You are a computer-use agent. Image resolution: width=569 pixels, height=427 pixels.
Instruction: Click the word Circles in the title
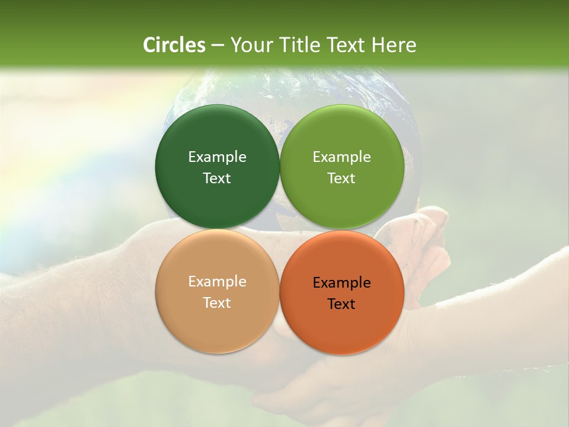[174, 45]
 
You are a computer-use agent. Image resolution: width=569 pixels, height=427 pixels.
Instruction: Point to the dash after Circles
[217, 46]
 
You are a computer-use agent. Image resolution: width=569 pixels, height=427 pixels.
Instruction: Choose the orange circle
[341, 323]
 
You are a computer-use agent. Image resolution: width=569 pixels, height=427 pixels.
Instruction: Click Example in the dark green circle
[217, 157]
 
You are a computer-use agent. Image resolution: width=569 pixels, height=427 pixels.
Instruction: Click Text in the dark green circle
[217, 178]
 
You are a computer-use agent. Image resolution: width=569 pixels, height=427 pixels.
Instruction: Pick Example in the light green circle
[341, 157]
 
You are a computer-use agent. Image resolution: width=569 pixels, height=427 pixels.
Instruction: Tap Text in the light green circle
[341, 178]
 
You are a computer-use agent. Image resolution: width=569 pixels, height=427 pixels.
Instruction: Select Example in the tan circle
[217, 281]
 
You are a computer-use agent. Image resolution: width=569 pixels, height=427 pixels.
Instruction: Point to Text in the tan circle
[217, 302]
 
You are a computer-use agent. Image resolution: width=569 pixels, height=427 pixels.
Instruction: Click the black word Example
[341, 282]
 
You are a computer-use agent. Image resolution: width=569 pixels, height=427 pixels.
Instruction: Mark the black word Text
[341, 304]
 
